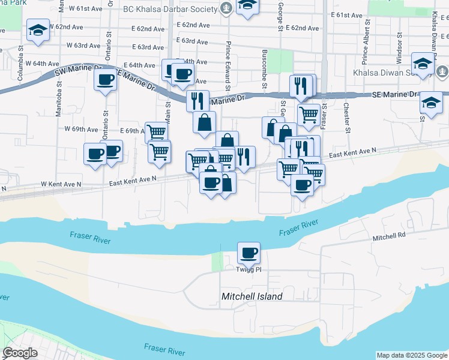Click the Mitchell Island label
(x=252, y=296)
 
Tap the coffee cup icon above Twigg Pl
(x=248, y=253)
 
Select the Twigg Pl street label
(x=250, y=270)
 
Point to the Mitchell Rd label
(x=389, y=237)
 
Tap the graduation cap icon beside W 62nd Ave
(x=38, y=31)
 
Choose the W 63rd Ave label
(x=83, y=45)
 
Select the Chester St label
(x=346, y=115)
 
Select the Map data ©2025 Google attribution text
(x=411, y=355)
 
